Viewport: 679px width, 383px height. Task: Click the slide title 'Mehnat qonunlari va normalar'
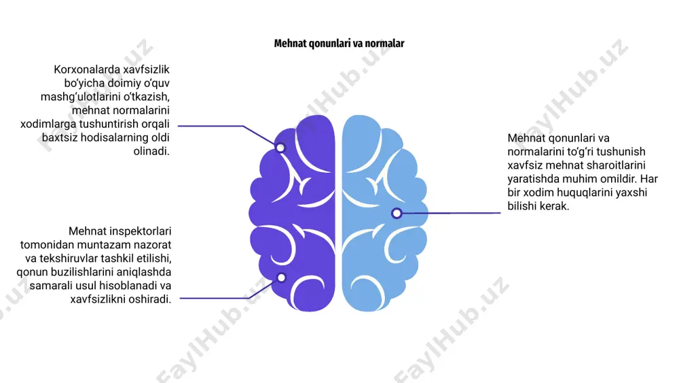339,44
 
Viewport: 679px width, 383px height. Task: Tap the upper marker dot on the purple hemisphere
280,148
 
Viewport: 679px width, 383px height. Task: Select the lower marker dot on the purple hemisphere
281,277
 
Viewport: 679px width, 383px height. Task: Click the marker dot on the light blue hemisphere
397,213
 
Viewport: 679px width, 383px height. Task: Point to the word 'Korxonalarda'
87,69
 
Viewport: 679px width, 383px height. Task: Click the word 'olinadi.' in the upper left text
151,152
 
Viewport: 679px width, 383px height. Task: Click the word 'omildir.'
617,179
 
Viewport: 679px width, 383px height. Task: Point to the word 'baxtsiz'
58,137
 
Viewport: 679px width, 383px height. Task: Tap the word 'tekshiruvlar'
69,259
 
